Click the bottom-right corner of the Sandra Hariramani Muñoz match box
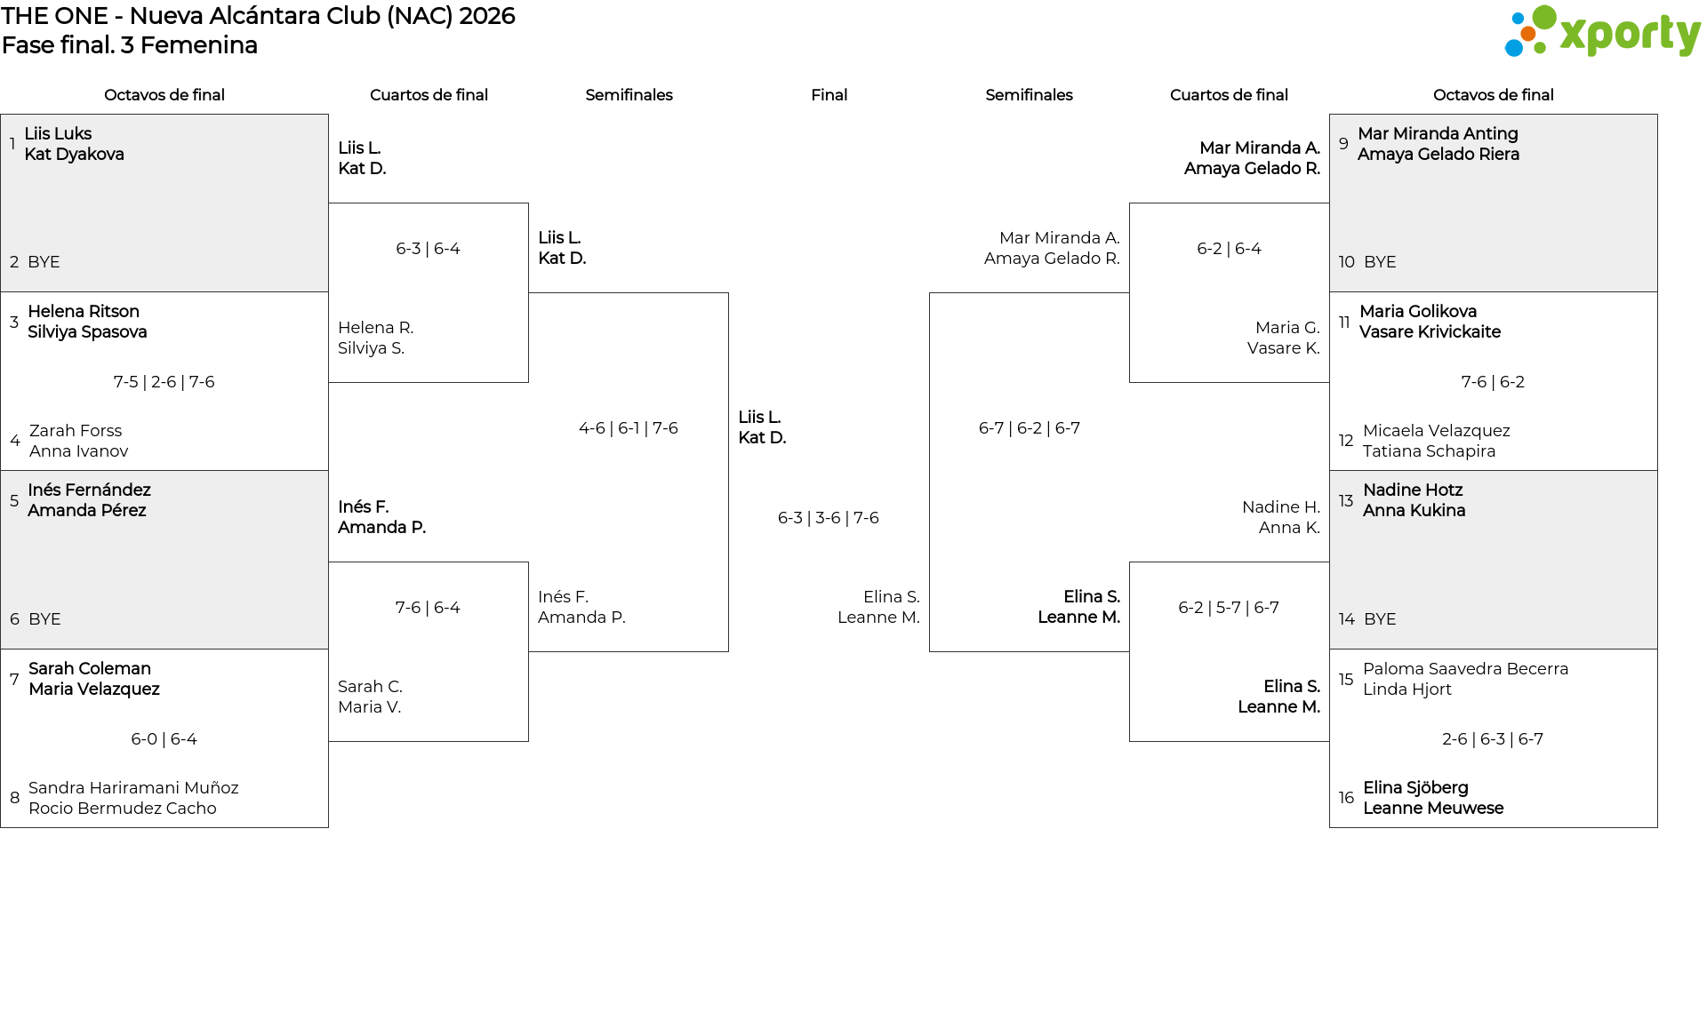click(328, 827)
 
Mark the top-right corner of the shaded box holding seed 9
click(1657, 115)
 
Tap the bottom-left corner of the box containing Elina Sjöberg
click(1330, 827)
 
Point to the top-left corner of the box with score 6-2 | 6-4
click(1130, 203)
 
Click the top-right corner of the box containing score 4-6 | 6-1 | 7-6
click(728, 293)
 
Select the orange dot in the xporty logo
click(1527, 34)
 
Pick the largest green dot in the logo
click(1544, 17)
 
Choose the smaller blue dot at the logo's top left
click(1518, 18)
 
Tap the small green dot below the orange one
click(1539, 50)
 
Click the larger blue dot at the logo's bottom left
click(1513, 48)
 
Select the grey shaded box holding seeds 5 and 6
click(164, 560)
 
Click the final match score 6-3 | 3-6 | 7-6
click(829, 518)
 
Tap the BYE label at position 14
click(1380, 619)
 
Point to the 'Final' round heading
click(829, 95)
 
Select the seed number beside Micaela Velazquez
click(1346, 441)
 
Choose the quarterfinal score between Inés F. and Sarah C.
click(428, 608)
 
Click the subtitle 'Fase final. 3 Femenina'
click(130, 45)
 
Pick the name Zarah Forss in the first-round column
click(76, 431)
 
